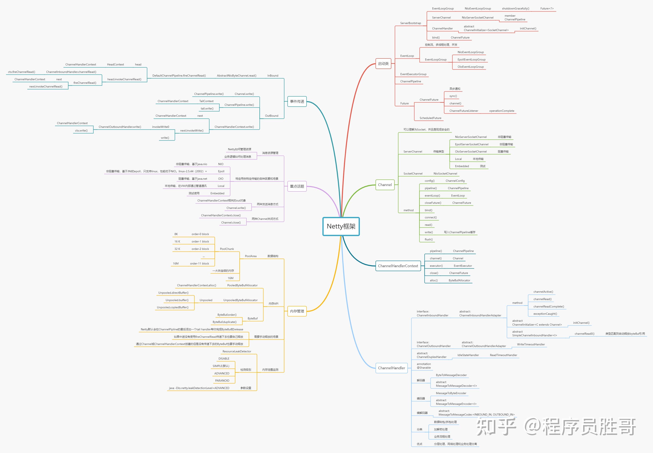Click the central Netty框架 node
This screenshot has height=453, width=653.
click(341, 226)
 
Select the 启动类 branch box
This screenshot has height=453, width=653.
click(383, 64)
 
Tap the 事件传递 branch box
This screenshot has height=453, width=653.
click(297, 101)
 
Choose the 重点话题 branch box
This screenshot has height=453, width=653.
click(297, 186)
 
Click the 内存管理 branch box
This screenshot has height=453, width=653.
click(297, 311)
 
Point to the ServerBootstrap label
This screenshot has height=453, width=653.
click(410, 23)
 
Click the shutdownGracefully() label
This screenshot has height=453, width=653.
click(516, 8)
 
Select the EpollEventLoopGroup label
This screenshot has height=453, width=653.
click(471, 60)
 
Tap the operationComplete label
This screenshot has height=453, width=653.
click(502, 111)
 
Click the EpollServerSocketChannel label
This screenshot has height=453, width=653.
click(472, 144)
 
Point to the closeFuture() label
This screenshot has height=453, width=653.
click(433, 203)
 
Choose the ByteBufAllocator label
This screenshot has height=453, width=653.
click(459, 281)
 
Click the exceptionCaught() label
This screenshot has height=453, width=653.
click(545, 314)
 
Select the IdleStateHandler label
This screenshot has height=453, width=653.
click(468, 355)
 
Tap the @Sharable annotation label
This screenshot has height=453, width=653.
click(424, 368)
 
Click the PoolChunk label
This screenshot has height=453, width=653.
click(227, 249)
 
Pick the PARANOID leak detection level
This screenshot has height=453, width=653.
click(222, 381)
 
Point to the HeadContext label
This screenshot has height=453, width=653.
click(115, 64)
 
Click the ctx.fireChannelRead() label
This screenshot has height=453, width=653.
click(22, 72)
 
